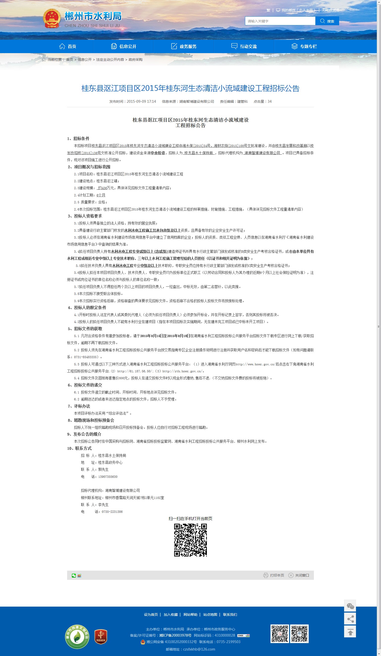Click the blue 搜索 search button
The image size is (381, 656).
tap(327, 21)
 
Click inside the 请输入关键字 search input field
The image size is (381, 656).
tap(280, 21)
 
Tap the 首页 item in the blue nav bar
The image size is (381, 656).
tap(68, 46)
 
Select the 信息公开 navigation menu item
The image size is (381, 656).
tap(124, 46)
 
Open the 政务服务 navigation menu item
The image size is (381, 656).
tap(184, 46)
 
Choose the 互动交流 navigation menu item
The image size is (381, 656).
tap(244, 46)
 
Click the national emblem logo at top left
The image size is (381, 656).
tap(52, 18)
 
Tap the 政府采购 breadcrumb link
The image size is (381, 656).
tap(136, 60)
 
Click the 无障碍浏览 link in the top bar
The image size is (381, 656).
tap(330, 10)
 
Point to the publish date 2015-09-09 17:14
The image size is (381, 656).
tap(141, 102)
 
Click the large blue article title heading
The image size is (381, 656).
tap(190, 88)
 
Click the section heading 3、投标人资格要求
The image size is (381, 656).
tap(85, 216)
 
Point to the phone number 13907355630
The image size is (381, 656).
tap(108, 477)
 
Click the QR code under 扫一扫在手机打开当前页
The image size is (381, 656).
tap(190, 540)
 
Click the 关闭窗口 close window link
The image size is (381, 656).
tap(299, 575)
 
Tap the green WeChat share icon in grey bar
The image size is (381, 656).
tap(74, 576)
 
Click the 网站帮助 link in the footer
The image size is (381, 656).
tap(190, 615)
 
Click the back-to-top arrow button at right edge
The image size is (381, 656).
tap(350, 632)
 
